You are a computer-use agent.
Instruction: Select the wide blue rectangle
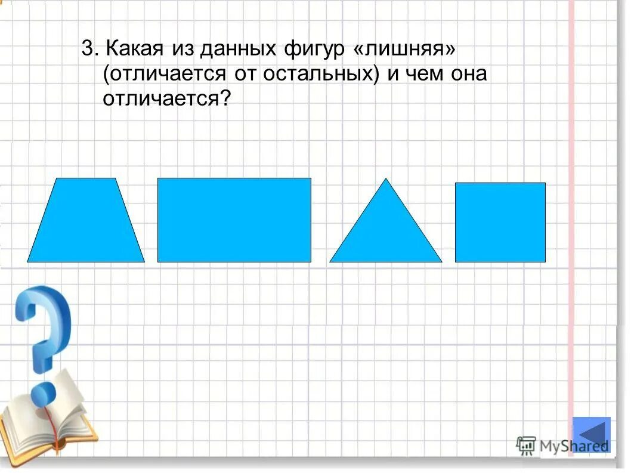pyautogui.click(x=234, y=220)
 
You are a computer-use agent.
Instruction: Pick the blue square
pyautogui.click(x=500, y=222)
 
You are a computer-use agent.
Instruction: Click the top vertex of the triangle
pyautogui.click(x=386, y=180)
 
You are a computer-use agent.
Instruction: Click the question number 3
pyautogui.click(x=87, y=50)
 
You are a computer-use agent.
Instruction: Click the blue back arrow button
pyautogui.click(x=591, y=433)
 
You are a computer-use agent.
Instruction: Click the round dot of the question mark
pyautogui.click(x=42, y=393)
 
